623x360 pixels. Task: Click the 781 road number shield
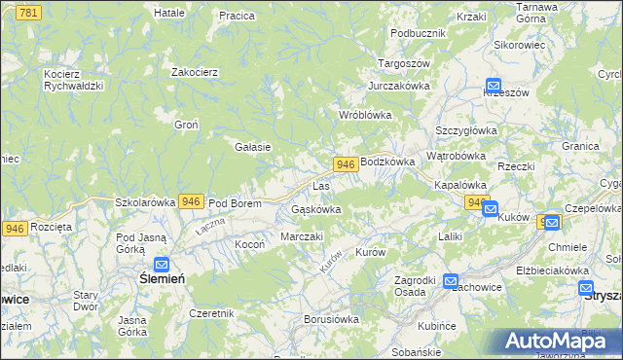pyautogui.click(x=28, y=12)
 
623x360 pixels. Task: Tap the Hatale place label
pyautogui.click(x=170, y=13)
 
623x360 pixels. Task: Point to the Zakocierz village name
pyautogui.click(x=194, y=72)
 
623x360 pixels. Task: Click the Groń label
pyautogui.click(x=186, y=125)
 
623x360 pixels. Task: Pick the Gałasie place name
pyautogui.click(x=252, y=147)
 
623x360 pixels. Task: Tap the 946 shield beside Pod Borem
pyautogui.click(x=192, y=201)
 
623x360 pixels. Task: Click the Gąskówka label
pyautogui.click(x=316, y=209)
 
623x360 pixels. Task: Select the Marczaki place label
pyautogui.click(x=302, y=236)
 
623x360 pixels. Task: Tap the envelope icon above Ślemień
pyautogui.click(x=162, y=264)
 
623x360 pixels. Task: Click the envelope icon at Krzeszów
pyautogui.click(x=493, y=86)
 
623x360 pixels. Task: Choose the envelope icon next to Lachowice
pyautogui.click(x=451, y=281)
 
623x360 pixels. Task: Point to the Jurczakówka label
pyautogui.click(x=399, y=86)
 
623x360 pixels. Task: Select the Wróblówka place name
pyautogui.click(x=364, y=114)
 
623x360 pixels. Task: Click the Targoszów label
pyautogui.click(x=404, y=63)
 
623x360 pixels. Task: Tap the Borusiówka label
pyautogui.click(x=332, y=318)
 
